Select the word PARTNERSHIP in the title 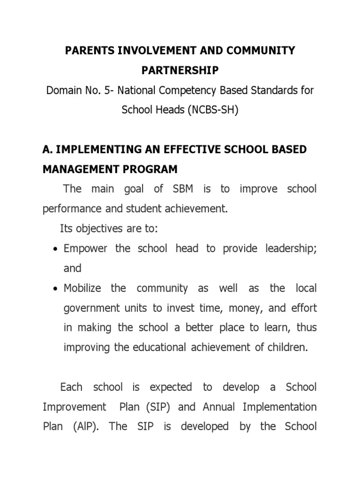180,70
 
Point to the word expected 171,387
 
